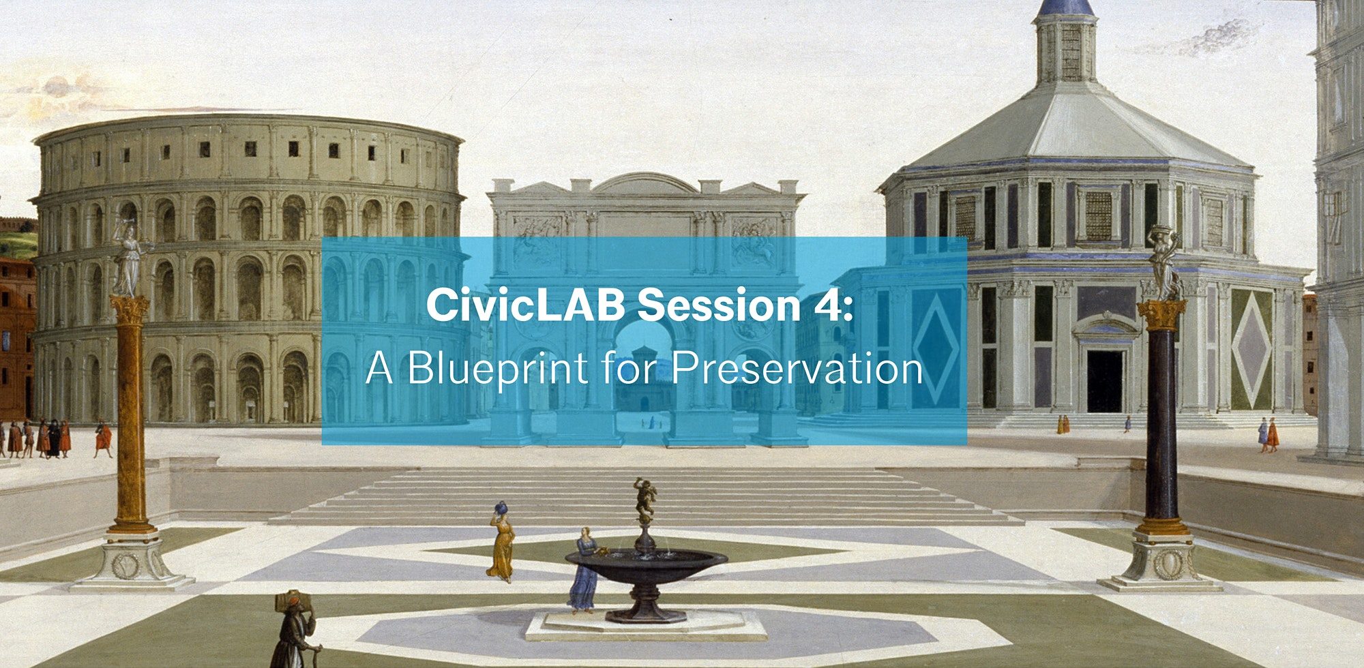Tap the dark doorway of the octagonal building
coord(1105,381)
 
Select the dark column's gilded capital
coord(1162,314)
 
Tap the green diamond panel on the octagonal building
coord(1252,350)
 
